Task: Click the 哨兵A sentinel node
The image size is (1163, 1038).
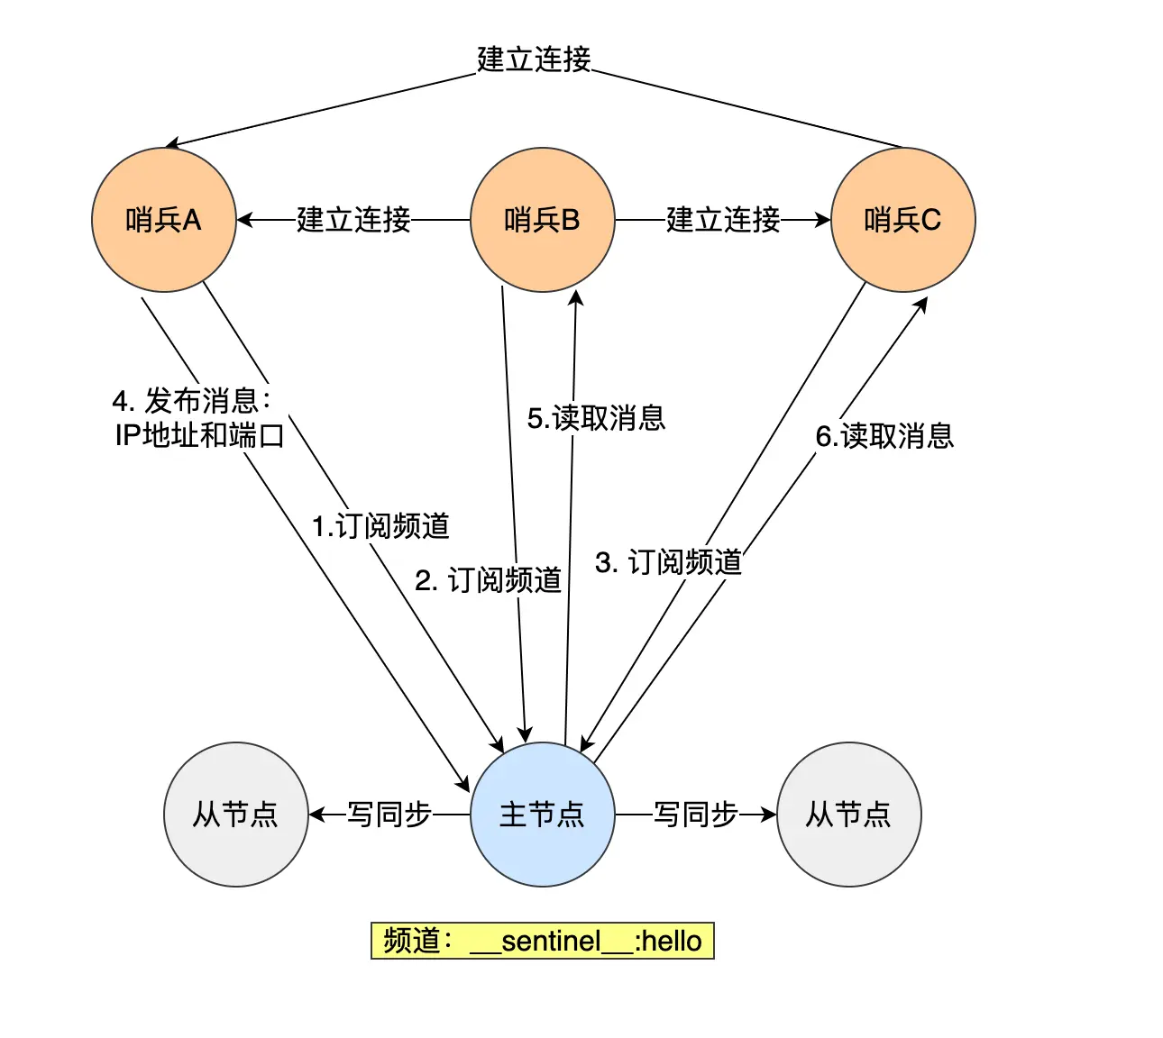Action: click(x=163, y=220)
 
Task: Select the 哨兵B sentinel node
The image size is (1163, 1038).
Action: click(x=542, y=220)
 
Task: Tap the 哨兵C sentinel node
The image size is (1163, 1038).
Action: click(x=902, y=220)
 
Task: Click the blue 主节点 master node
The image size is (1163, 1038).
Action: click(x=542, y=815)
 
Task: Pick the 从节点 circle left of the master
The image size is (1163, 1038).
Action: click(x=235, y=815)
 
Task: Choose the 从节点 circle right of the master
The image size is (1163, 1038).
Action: click(x=848, y=815)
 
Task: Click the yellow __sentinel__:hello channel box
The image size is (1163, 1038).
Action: click(x=542, y=941)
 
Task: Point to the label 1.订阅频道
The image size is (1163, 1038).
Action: click(x=380, y=526)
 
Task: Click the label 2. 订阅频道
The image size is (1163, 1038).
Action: click(x=488, y=580)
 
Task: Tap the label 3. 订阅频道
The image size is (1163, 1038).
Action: click(x=668, y=562)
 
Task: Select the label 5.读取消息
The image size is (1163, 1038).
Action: click(x=596, y=418)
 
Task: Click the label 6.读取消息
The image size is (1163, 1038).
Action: click(x=884, y=436)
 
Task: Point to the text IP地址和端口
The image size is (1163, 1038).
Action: click(x=199, y=435)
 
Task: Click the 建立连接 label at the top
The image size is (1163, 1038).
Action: click(x=534, y=59)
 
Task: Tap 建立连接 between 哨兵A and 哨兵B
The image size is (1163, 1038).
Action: click(x=353, y=220)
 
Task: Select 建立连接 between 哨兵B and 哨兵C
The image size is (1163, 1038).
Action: click(x=723, y=220)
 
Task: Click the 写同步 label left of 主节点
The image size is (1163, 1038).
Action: click(x=389, y=815)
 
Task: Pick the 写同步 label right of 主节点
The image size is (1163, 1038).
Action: click(x=696, y=815)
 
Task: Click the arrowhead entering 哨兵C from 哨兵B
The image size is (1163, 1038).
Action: click(x=822, y=220)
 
